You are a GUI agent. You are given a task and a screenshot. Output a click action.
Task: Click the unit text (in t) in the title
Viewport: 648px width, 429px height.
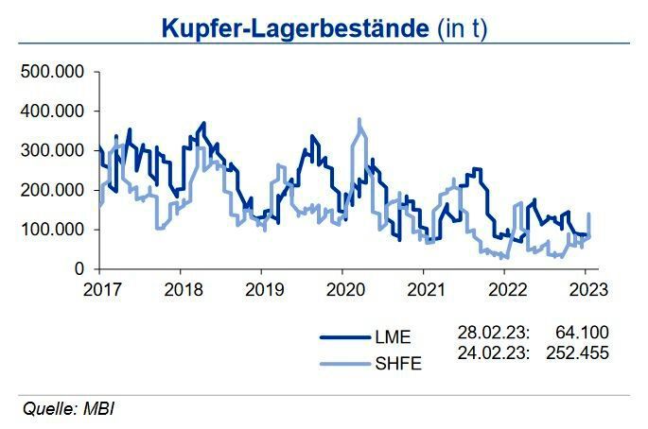464,28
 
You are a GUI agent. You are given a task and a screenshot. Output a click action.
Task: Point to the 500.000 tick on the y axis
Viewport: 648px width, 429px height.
52,72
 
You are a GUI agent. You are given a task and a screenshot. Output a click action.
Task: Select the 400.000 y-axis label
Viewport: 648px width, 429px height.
52,112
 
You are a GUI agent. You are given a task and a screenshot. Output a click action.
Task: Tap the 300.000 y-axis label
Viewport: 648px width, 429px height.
52,151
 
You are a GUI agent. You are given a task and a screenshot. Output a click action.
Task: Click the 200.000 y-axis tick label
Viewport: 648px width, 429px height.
52,191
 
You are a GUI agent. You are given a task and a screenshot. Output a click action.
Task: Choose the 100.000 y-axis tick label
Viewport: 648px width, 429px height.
52,230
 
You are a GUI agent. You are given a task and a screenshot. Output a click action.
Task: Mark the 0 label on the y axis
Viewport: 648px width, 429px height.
79,269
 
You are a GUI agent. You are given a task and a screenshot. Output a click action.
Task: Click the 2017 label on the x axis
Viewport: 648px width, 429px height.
98,289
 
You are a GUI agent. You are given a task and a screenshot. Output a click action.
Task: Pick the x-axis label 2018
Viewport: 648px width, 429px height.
180,289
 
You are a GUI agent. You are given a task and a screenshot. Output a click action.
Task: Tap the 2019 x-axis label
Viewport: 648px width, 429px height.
262,289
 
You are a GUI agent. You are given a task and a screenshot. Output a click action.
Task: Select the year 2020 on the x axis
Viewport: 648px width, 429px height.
343,289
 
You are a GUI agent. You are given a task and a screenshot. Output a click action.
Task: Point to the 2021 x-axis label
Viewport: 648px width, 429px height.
426,289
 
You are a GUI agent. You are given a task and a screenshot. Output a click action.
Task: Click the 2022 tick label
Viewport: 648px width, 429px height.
507,289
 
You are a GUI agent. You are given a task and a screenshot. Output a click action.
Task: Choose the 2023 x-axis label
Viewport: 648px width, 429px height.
588,289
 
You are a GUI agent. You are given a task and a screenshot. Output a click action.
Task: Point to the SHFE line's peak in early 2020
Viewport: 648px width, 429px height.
359,121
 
